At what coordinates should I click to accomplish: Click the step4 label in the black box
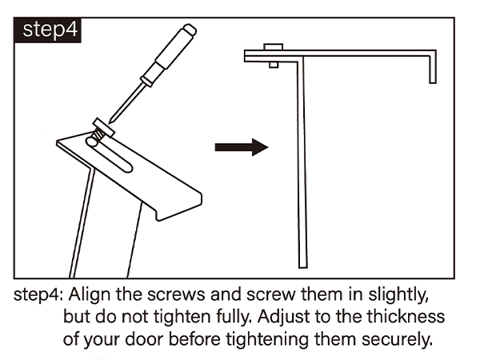[x=50, y=30]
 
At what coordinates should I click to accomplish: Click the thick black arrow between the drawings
[x=242, y=147]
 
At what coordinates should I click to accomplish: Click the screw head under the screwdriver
[x=104, y=127]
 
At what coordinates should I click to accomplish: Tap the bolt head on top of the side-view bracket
[x=273, y=47]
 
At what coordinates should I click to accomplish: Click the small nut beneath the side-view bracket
[x=274, y=65]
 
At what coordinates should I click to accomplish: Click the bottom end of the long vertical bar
[x=302, y=266]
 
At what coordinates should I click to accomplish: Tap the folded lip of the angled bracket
[x=179, y=208]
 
